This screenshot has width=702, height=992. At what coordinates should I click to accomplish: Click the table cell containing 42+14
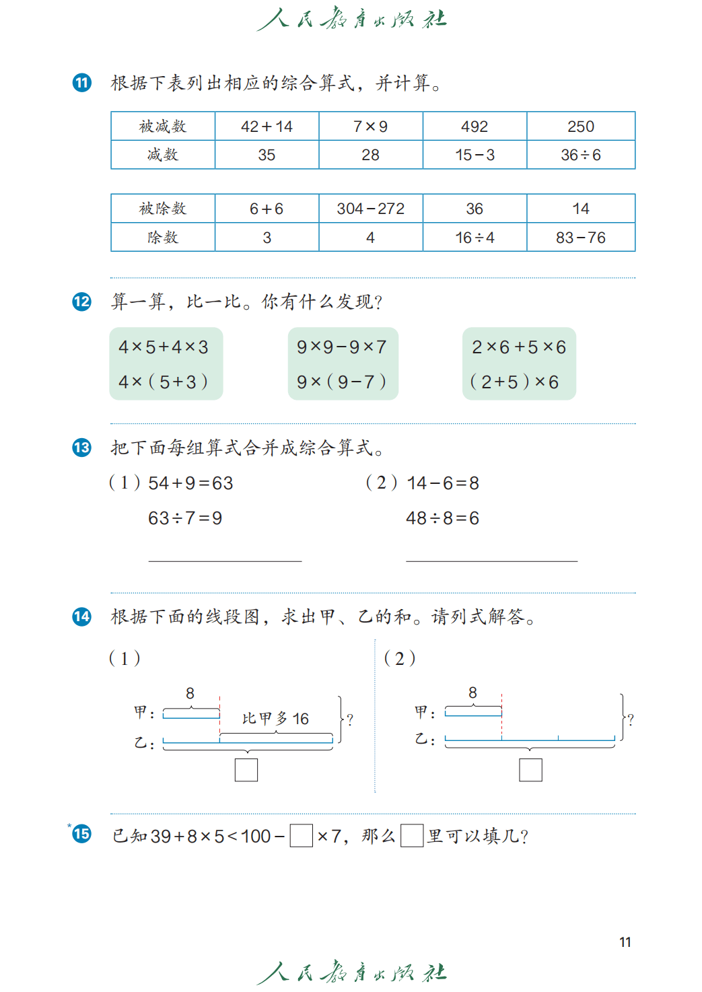[x=267, y=127]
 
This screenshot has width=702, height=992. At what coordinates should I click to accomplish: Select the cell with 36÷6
[x=581, y=155]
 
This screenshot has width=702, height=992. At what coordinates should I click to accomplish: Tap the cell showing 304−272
[x=371, y=209]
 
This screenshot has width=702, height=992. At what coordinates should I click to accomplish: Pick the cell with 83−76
[x=581, y=238]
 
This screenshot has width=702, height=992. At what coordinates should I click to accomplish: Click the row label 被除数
[x=163, y=209]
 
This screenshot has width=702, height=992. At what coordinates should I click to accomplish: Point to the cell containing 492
[x=475, y=127]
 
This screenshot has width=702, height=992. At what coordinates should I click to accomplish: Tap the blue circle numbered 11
[x=82, y=83]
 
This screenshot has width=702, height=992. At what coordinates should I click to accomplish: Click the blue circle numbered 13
[x=82, y=448]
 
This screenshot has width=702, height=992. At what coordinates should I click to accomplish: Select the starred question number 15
[x=81, y=834]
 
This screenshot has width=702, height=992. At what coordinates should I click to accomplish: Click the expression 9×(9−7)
[x=341, y=382]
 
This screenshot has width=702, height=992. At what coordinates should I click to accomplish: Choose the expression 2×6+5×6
[x=519, y=347]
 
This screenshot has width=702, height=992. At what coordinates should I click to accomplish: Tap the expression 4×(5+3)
[x=163, y=382]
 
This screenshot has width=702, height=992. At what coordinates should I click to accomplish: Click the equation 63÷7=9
[x=185, y=518]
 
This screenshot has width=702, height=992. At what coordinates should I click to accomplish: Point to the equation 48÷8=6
[x=442, y=518]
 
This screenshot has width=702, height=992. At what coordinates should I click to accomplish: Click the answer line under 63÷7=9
[x=225, y=561]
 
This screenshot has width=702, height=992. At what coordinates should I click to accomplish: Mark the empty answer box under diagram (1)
[x=246, y=770]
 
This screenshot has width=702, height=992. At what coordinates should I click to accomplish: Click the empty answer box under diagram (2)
[x=530, y=770]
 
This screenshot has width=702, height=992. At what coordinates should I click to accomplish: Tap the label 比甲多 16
[x=275, y=718]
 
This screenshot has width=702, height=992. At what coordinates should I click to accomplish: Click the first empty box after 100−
[x=301, y=836]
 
